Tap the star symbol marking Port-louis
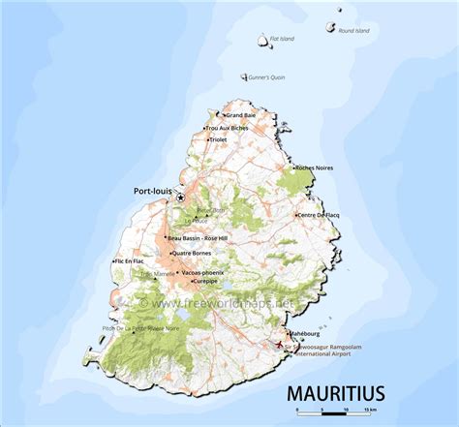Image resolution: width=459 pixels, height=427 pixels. coord(180,198)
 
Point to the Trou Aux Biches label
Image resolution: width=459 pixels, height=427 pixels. coord(227,128)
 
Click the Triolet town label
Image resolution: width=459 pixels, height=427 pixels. coord(226,139)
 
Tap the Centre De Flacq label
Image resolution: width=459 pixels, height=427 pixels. coord(320,214)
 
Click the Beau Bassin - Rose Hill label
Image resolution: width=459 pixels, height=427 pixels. coord(198,237)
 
